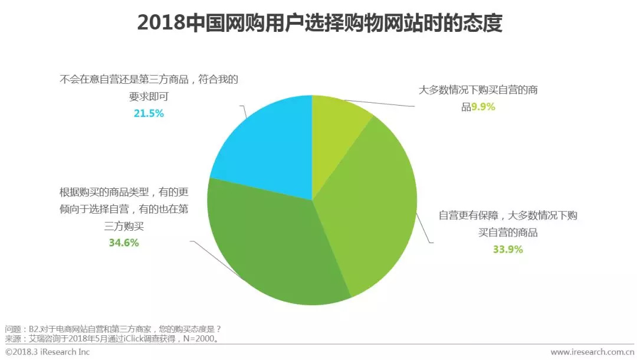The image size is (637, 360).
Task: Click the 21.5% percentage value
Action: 149,113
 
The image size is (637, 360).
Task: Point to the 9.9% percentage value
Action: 482,107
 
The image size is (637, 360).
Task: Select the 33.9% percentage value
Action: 508,249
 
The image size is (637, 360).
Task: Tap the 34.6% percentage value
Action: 124,243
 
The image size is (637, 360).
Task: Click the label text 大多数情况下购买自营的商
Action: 478,91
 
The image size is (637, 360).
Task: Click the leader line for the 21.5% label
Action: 243,112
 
